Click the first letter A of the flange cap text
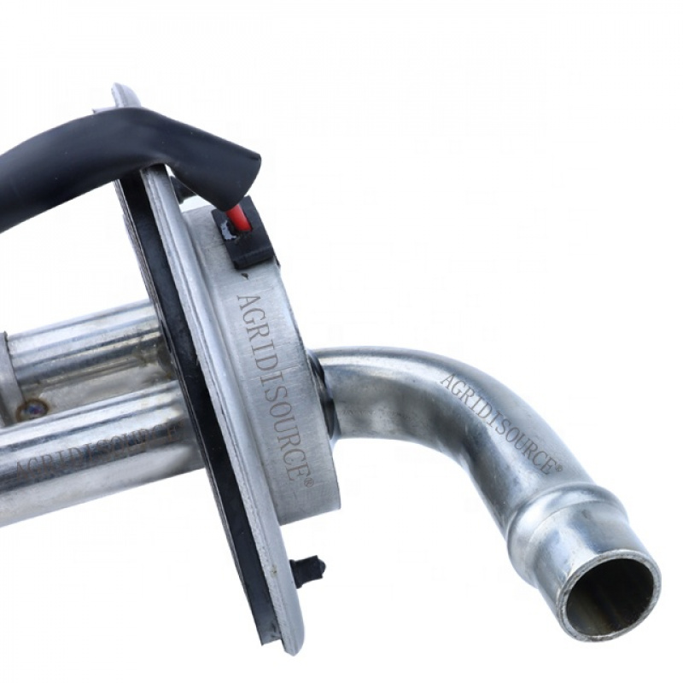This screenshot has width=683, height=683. tap(244, 301)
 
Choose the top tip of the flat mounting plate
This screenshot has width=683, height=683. tap(122, 89)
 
